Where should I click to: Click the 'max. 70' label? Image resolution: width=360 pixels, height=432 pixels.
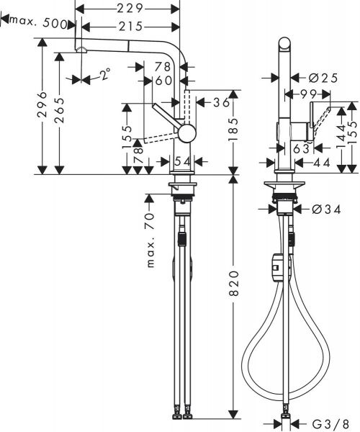152,241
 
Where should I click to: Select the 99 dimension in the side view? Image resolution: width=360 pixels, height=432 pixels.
310,94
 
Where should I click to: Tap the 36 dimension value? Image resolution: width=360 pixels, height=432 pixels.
220,102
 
